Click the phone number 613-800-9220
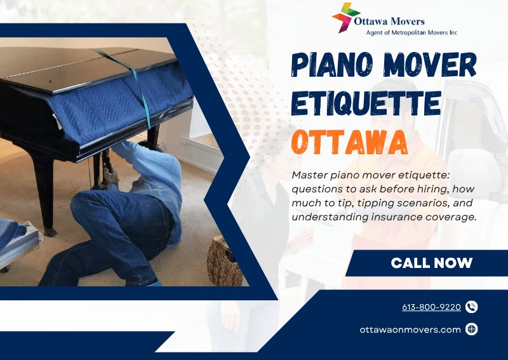click(431, 307)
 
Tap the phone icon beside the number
click(471, 307)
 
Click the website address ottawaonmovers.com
click(410, 329)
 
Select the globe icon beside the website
click(471, 329)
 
